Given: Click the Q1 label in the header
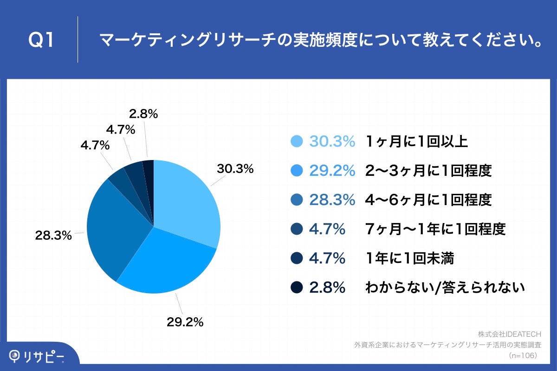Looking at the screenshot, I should coord(41,40).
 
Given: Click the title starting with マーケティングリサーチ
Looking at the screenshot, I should coord(321,41).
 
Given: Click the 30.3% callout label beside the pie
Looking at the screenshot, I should coord(235,169).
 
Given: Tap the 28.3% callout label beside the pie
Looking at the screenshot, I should coord(53,236).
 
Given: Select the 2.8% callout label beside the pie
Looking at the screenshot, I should coord(143,113).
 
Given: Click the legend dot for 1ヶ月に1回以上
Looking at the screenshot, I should coord(296,142).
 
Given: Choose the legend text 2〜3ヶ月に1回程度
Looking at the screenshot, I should coord(428,171).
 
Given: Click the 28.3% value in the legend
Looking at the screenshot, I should coord(332,200).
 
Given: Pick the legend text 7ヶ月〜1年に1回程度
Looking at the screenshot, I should coord(435,229).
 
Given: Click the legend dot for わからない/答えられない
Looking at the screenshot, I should coord(296,288).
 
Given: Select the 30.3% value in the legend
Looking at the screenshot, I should coord(332,142).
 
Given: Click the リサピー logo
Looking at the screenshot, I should coord(37,356).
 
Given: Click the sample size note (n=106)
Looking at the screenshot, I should coord(523,355).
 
